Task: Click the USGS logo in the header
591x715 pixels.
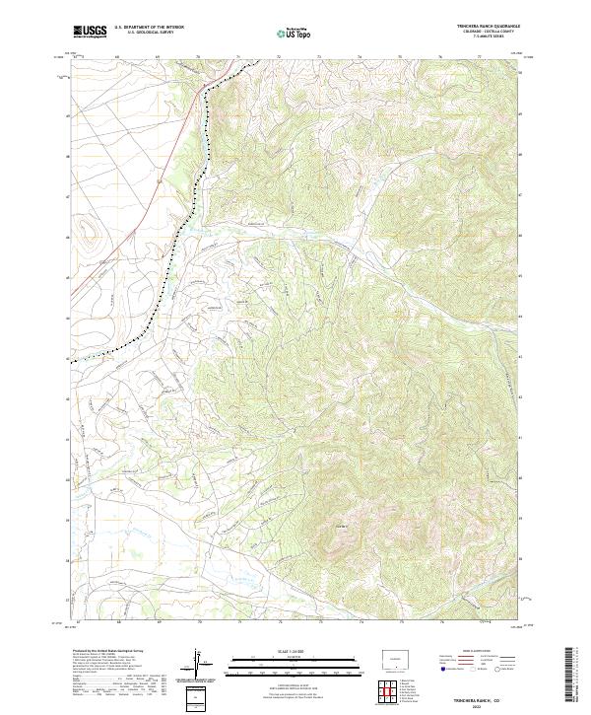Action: [90, 32]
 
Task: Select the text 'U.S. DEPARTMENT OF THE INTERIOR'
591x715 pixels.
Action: [150, 28]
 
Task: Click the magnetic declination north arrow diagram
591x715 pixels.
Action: [198, 665]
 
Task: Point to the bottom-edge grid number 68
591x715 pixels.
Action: [117, 622]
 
